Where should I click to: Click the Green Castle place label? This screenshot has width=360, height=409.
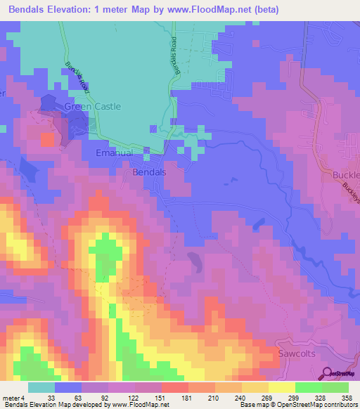93,107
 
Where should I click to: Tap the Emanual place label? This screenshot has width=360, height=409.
114,152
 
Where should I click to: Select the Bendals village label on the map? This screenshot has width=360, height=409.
149,171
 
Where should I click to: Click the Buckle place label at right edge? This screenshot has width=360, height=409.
345,174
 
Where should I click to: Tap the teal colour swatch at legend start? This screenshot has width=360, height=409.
41,387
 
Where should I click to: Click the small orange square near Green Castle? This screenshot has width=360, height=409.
47,139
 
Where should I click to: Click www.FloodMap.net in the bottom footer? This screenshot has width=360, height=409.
137,405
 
